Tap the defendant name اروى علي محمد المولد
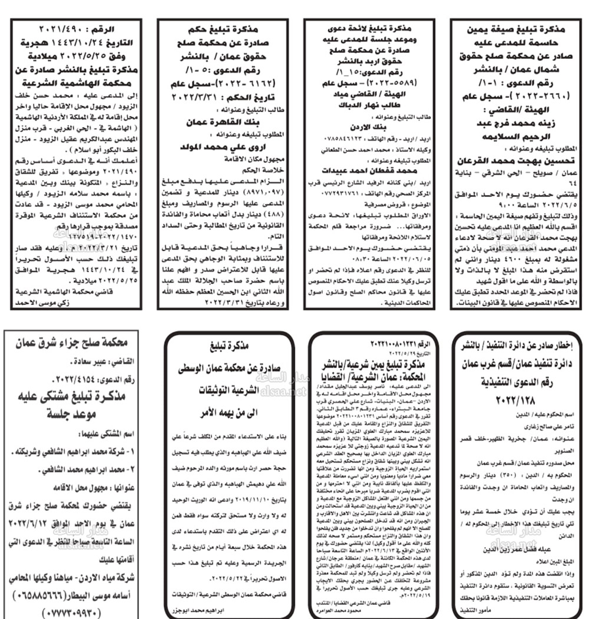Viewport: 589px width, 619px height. [x=224, y=147]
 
